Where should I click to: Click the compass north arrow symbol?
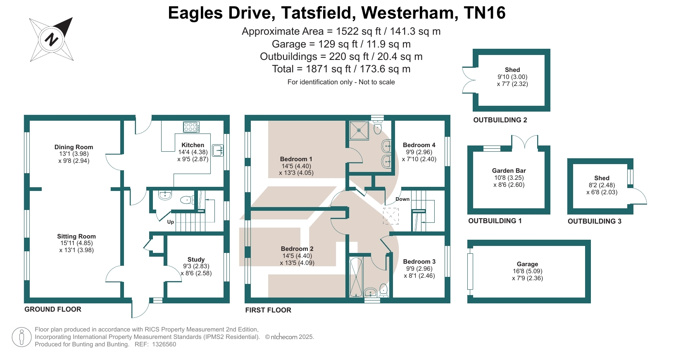52,39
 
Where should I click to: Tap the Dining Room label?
74,147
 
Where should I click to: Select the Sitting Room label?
76,236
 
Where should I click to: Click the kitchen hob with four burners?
191,127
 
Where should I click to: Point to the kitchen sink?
218,150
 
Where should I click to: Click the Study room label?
196,260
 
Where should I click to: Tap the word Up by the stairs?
171,222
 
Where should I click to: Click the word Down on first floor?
402,199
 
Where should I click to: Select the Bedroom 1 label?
296,159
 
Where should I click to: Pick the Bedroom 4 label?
419,145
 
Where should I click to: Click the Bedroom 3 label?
419,262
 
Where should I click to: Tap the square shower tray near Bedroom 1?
359,130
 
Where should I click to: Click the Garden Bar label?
509,171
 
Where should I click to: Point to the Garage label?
527,264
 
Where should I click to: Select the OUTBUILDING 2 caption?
500,120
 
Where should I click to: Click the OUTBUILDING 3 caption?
594,221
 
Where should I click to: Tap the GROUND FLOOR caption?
53,309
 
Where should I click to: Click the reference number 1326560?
164,344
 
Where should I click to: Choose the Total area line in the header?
341,69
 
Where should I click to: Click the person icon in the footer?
21,337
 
